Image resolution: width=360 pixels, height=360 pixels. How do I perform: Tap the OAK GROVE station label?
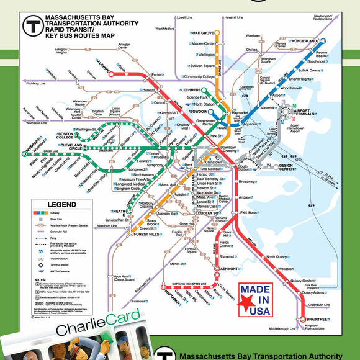202,32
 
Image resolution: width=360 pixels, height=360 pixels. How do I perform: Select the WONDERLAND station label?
305,41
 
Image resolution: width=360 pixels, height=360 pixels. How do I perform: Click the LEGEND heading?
62,204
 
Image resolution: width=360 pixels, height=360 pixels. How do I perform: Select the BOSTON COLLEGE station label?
66,137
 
